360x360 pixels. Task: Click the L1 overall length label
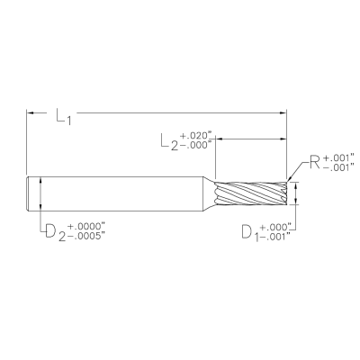coord(64,117)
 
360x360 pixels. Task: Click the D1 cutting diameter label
coord(247,231)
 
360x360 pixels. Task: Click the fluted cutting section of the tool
coord(253,193)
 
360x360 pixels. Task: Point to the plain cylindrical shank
coord(126,193)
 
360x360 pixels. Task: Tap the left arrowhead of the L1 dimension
coord(31,112)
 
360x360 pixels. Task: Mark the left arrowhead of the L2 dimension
coord(220,139)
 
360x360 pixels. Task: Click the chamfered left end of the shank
coord(29,193)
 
